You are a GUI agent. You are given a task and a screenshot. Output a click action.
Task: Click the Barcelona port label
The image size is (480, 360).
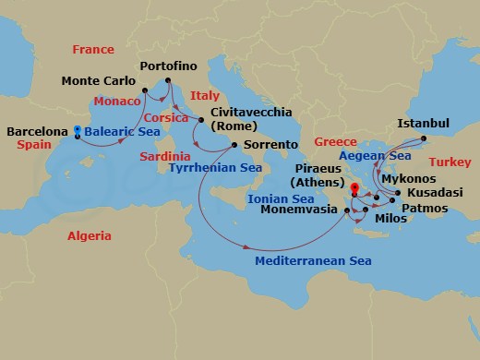[37, 131]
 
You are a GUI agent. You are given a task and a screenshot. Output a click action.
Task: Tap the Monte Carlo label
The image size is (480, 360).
[97, 80]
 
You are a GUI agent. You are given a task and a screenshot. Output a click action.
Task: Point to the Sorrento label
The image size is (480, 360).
[268, 145]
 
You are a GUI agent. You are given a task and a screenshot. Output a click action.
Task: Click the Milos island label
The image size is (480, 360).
[391, 220]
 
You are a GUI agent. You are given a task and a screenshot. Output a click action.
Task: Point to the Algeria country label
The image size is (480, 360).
[90, 236]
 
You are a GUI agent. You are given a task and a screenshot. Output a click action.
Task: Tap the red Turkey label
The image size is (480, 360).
[450, 162]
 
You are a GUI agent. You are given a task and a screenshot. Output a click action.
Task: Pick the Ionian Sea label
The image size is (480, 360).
[282, 198]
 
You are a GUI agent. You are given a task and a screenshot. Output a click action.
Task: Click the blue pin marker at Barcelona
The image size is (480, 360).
[77, 130]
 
